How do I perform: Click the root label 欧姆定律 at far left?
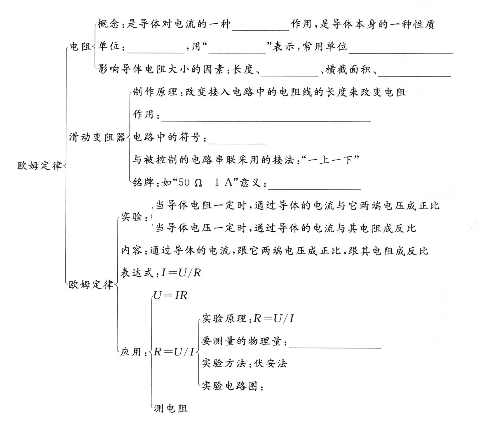click(39, 166)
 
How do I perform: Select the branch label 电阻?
click(80, 46)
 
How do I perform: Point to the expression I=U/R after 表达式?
click(181, 273)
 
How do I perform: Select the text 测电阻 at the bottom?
click(171, 408)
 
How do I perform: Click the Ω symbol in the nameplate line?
click(198, 183)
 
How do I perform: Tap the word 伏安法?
click(271, 363)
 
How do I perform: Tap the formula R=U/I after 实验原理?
click(273, 318)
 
